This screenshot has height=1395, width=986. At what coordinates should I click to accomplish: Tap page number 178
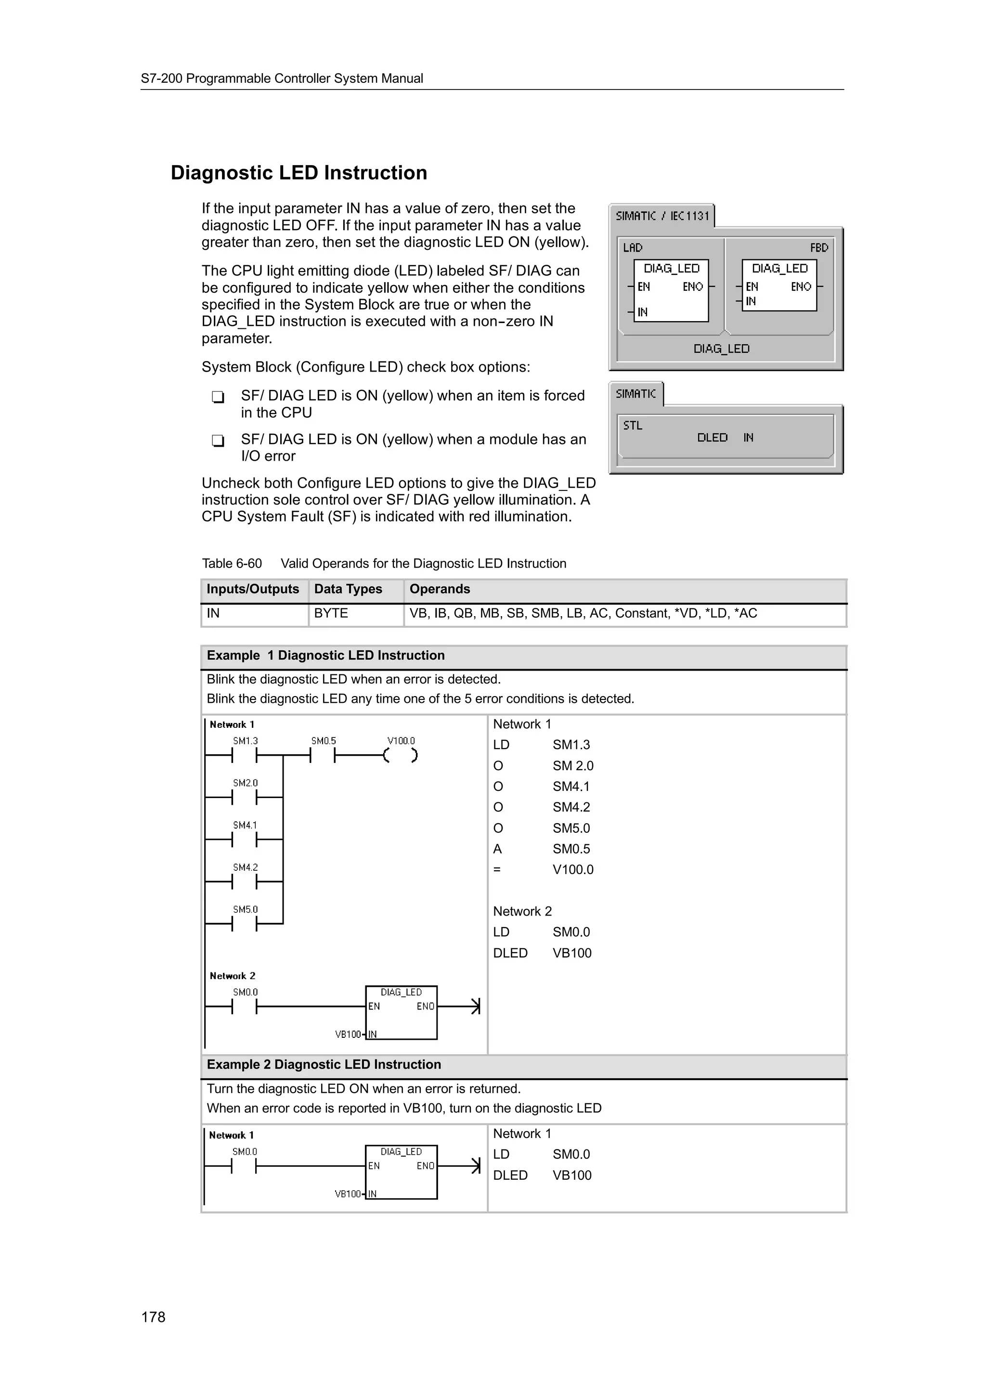click(153, 1317)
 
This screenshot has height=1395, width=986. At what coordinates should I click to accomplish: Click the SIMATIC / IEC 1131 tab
click(662, 216)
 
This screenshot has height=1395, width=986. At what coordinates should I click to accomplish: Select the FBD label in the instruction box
click(818, 247)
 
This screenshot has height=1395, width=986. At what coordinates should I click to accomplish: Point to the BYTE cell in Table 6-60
click(331, 613)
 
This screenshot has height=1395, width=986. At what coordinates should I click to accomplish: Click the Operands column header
click(439, 589)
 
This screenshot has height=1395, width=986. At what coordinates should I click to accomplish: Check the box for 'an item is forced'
click(218, 397)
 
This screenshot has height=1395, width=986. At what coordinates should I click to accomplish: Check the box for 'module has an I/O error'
click(218, 440)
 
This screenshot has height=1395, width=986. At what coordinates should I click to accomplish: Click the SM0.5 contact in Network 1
click(323, 756)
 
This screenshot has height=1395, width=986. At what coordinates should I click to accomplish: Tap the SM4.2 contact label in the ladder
click(245, 867)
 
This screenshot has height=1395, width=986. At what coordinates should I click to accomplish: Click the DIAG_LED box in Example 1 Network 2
click(401, 1012)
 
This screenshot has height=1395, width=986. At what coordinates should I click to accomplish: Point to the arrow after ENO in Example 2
click(475, 1165)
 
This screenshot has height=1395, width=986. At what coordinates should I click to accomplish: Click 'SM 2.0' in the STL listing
click(572, 765)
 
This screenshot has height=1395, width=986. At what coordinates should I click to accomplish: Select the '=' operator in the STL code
click(497, 869)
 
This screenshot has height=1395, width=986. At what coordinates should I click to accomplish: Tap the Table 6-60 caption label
click(232, 563)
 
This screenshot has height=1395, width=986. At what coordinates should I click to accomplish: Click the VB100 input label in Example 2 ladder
click(348, 1194)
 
